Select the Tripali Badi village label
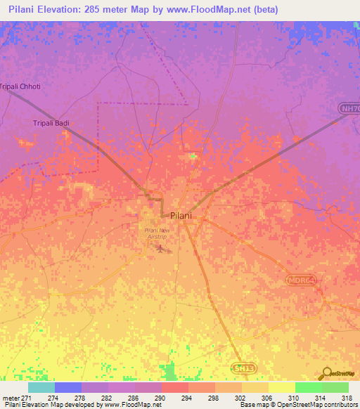(x=53, y=124)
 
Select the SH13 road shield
(x=241, y=367)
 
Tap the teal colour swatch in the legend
(x=41, y=387)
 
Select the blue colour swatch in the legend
(x=68, y=387)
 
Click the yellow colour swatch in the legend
(x=282, y=387)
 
